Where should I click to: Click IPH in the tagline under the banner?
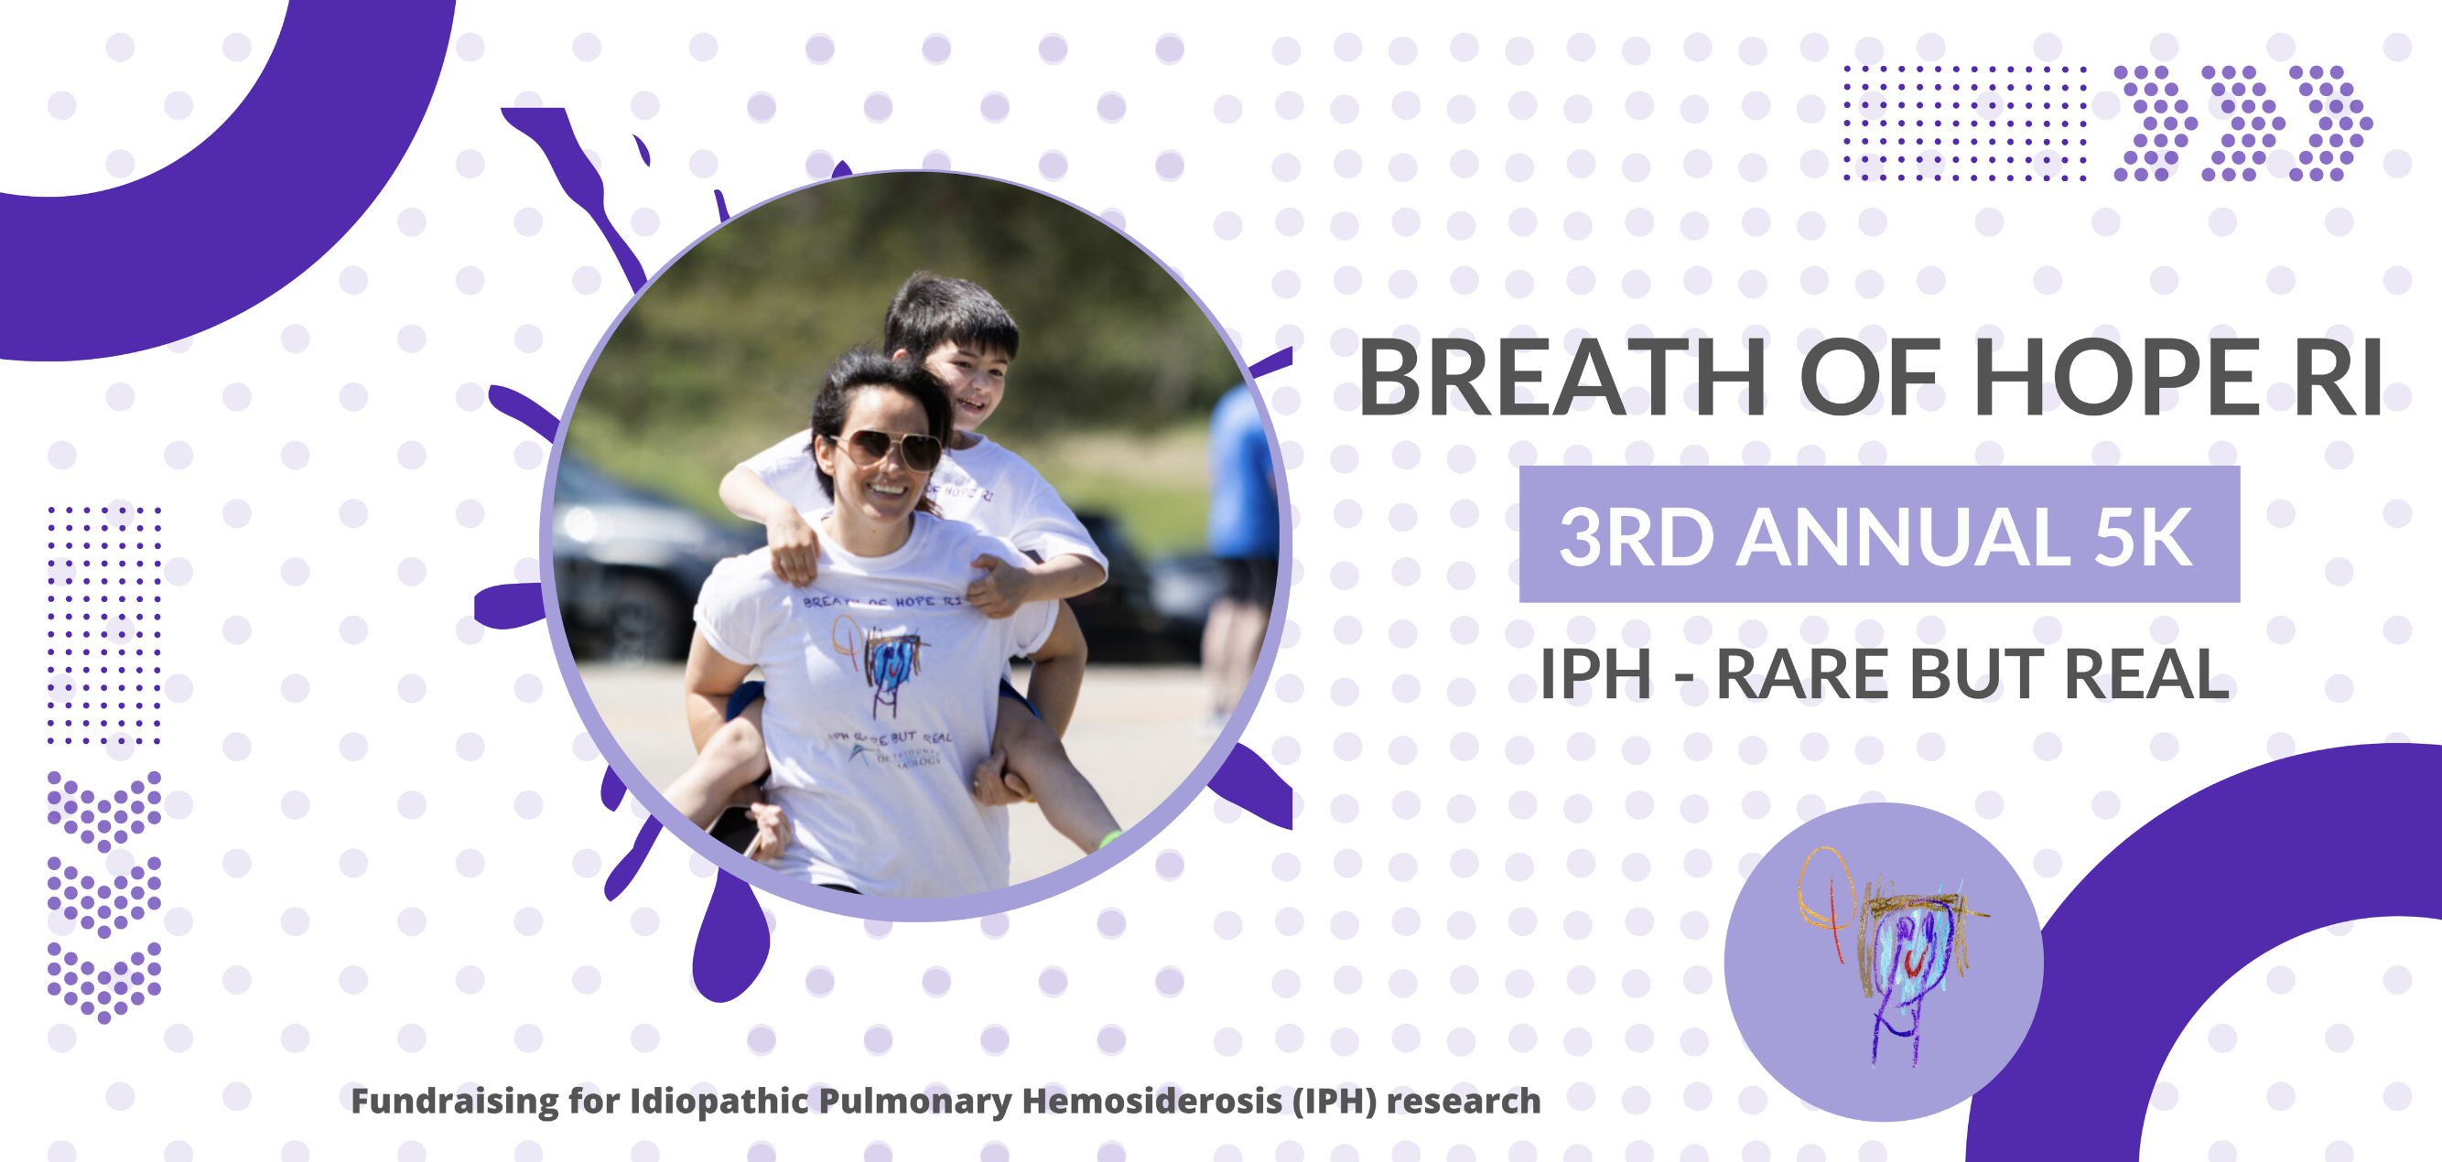(x=1595, y=675)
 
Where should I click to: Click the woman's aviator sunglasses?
(x=887, y=448)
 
